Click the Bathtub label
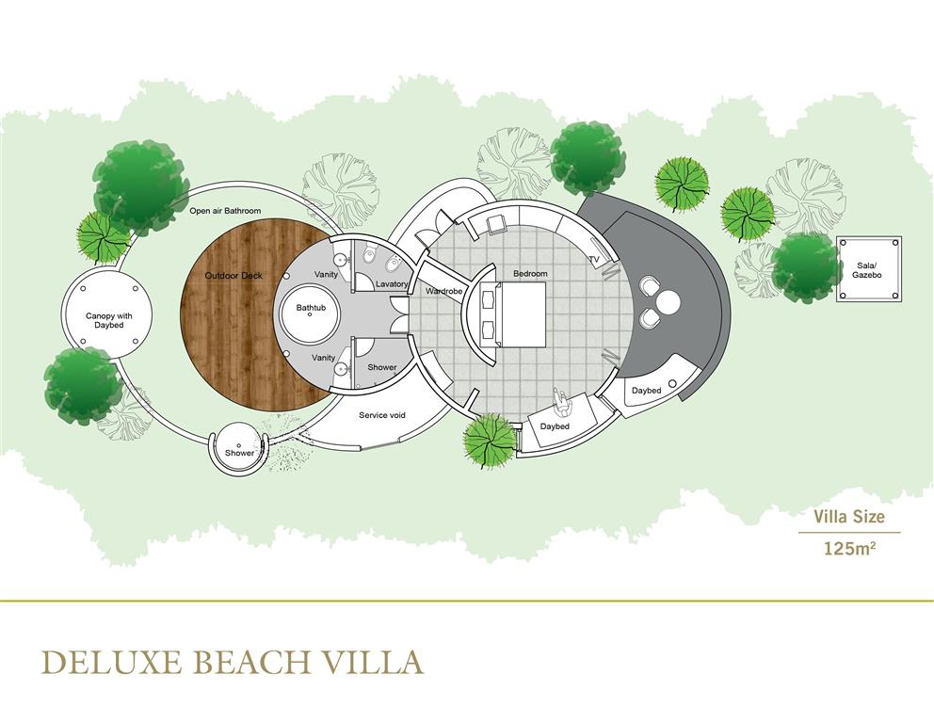click(311, 308)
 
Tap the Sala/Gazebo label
click(867, 270)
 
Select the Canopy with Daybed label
click(109, 320)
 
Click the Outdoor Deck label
click(233, 276)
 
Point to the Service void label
click(382, 415)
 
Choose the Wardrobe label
click(443, 292)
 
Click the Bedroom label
click(530, 274)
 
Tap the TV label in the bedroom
click(594, 260)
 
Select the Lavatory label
click(392, 284)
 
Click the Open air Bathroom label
click(225, 211)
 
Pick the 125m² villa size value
click(849, 547)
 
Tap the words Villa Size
click(849, 516)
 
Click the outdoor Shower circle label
click(239, 453)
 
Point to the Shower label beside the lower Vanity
click(382, 367)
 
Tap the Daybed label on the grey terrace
click(646, 391)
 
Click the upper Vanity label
click(326, 275)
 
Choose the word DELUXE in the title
click(111, 662)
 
